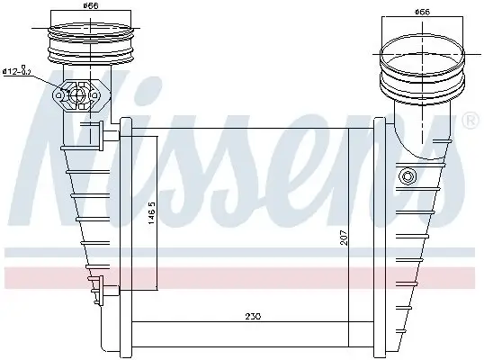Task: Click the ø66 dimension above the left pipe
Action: point(90,8)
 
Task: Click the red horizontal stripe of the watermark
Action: point(242,274)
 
